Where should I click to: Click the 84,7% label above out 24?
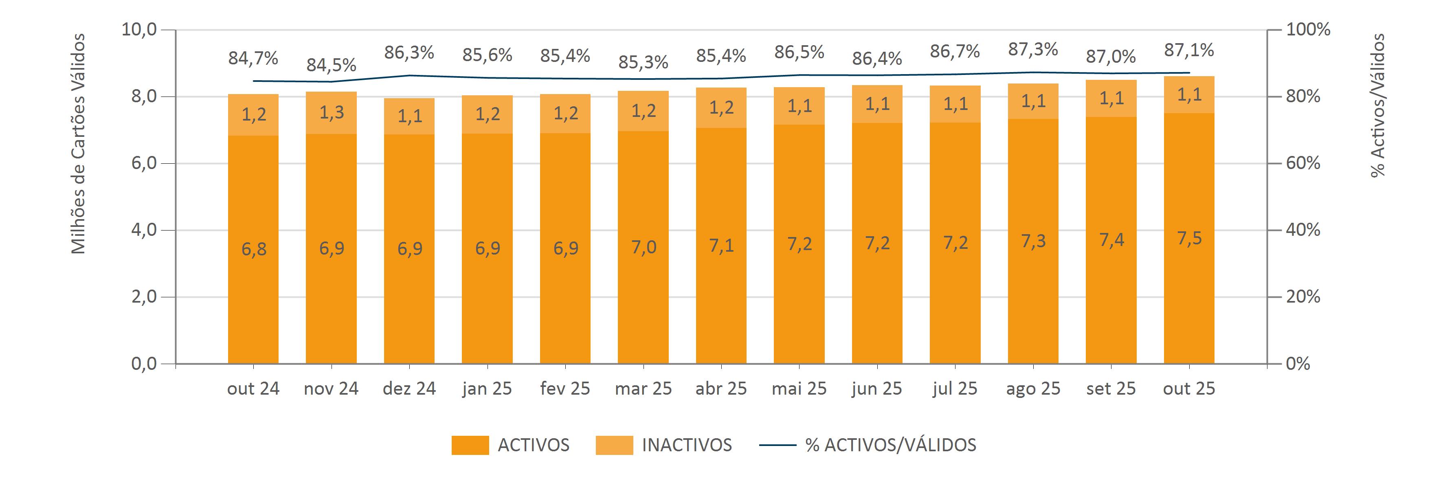[x=253, y=58]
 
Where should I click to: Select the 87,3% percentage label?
[x=1033, y=50]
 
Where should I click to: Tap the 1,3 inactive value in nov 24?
[x=332, y=112]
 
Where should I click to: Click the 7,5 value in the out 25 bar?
[x=1189, y=239]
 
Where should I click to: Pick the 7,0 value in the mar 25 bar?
[x=643, y=246]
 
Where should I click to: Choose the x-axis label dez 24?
[x=409, y=389]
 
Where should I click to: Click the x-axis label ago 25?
[x=1033, y=389]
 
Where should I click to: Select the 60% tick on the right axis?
[x=1303, y=163]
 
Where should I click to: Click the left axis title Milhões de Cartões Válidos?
[x=79, y=144]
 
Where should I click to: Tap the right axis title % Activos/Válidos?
[x=1377, y=105]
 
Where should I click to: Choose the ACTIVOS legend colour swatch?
[x=470, y=445]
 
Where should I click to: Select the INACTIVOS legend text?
[x=687, y=445]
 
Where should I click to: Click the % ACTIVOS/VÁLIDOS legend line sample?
[x=778, y=445]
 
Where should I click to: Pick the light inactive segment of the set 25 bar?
[x=1111, y=99]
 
